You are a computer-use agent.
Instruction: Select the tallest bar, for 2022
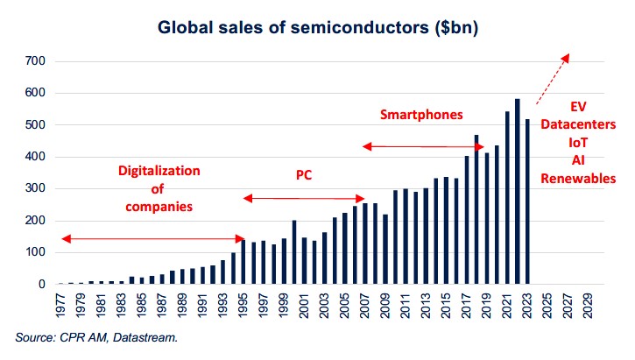(x=518, y=192)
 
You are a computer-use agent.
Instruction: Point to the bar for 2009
(x=385, y=250)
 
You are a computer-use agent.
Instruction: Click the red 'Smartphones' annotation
(x=421, y=115)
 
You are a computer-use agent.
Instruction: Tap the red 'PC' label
(x=304, y=175)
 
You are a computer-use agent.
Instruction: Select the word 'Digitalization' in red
(x=159, y=170)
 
